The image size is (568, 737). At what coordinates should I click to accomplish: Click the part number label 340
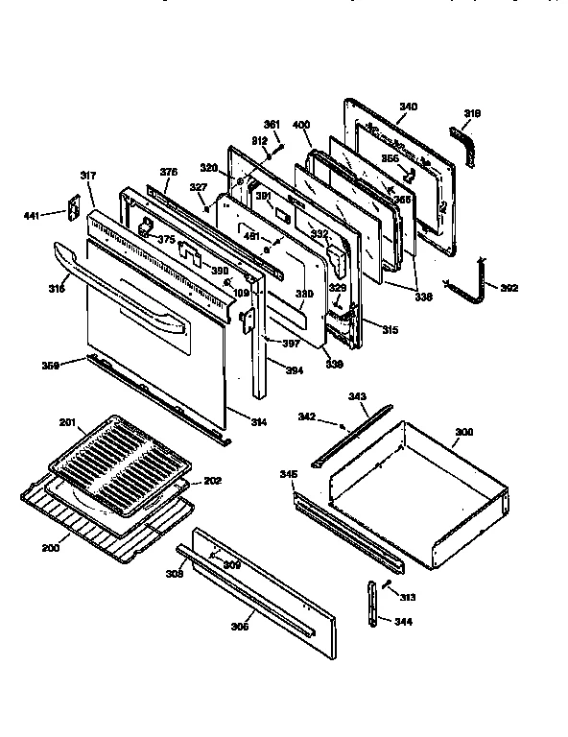(408, 107)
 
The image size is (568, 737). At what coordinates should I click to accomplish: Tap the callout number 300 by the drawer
(462, 434)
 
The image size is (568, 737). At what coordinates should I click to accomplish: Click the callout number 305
(239, 627)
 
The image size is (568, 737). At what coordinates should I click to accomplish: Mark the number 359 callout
(50, 365)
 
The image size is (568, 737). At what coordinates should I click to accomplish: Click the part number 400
(300, 126)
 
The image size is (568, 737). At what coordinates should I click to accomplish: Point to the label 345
(287, 475)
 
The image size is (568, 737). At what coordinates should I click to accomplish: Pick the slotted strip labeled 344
(372, 605)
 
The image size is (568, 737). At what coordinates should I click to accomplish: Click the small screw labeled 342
(343, 424)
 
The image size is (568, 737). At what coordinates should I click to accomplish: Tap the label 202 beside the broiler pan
(212, 481)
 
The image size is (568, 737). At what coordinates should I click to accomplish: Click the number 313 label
(408, 597)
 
